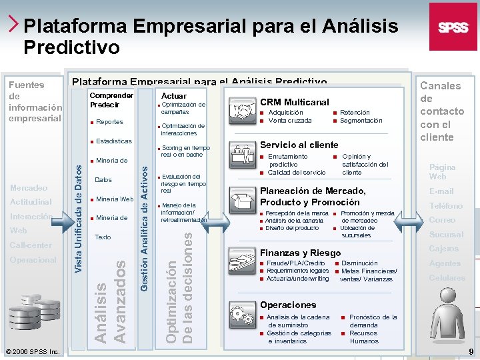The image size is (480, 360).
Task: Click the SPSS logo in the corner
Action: [453, 27]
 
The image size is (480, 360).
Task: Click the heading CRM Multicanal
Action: [294, 102]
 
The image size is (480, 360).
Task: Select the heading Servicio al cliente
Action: [299, 145]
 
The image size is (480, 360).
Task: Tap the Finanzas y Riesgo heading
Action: [299, 253]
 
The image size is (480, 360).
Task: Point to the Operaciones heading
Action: [288, 305]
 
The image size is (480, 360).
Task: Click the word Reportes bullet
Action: [109, 122]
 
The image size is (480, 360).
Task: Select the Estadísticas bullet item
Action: [113, 141]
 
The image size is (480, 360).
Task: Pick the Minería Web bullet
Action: [115, 199]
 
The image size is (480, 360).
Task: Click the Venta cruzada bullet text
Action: [290, 121]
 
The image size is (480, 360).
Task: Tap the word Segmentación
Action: [361, 121]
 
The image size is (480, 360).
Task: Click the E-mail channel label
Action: [441, 191]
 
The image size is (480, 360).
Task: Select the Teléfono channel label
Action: [445, 206]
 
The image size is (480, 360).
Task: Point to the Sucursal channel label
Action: [446, 235]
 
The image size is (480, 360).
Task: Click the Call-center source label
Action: [31, 245]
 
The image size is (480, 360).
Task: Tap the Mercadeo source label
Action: [29, 188]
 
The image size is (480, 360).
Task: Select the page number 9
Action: [471, 351]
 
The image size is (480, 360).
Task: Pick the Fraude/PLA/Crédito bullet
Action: [295, 263]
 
